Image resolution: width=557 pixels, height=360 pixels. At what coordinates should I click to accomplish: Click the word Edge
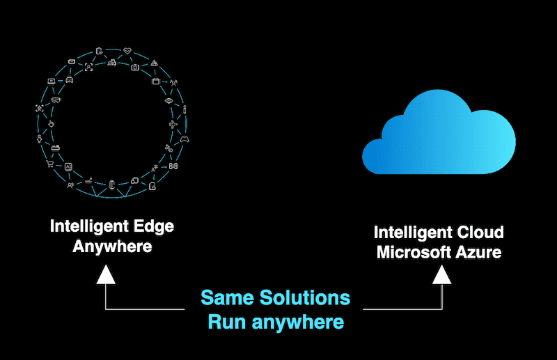click(151, 227)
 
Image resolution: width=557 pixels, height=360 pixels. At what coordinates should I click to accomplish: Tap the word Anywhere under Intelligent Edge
click(112, 246)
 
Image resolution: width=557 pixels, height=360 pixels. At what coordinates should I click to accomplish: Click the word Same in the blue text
click(227, 298)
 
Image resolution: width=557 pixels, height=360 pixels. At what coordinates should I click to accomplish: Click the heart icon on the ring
click(127, 50)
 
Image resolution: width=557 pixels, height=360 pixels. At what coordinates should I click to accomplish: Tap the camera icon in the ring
click(134, 68)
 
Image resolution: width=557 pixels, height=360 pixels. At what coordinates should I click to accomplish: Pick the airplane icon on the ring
click(173, 125)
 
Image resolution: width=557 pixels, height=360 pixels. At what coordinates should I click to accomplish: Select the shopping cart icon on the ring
click(50, 165)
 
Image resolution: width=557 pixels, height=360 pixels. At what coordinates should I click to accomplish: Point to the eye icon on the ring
click(169, 100)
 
